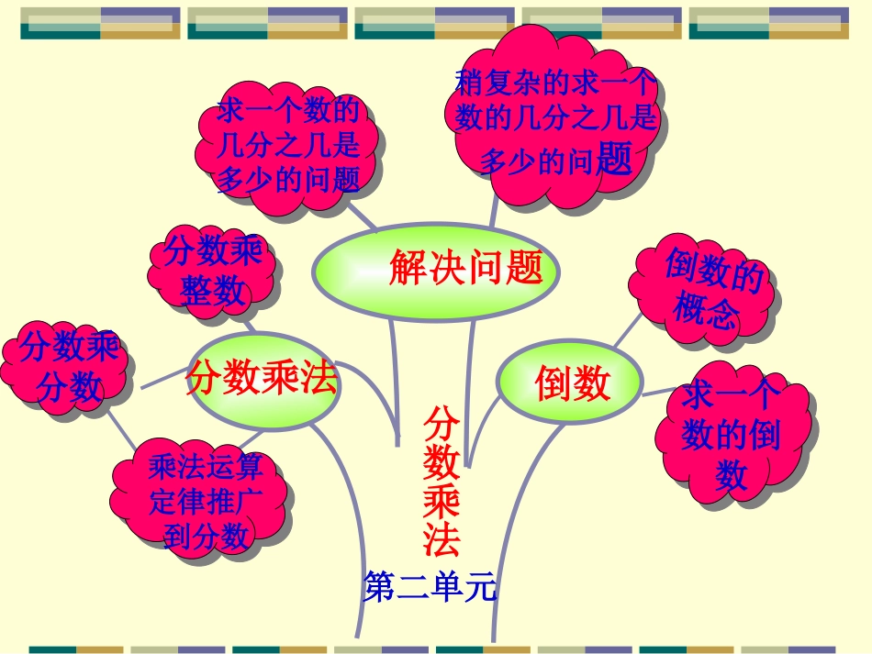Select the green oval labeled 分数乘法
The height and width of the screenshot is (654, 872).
coord(262,379)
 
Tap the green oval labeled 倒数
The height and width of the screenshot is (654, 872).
coord(570,383)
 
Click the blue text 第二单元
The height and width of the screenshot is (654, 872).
coord(430,587)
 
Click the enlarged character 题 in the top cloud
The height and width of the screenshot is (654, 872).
coord(614,160)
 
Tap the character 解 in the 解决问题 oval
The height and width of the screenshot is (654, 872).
coord(405,268)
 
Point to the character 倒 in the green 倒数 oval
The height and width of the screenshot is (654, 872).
coord(553,383)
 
